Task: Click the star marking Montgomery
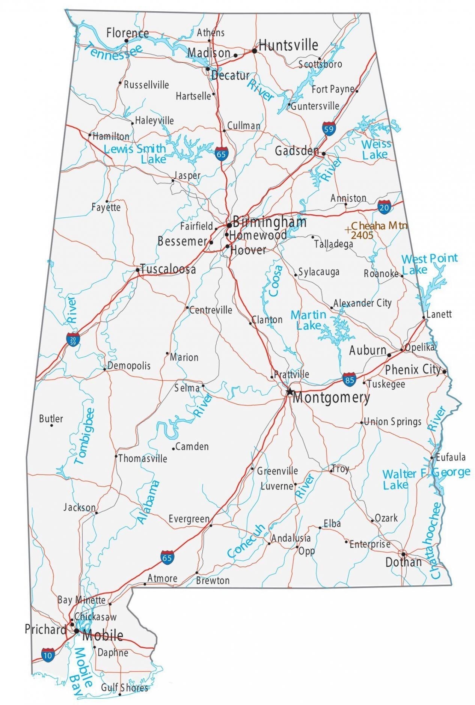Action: point(289,392)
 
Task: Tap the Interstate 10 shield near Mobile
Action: point(48,654)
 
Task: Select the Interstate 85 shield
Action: point(349,380)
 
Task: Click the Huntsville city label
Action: point(288,45)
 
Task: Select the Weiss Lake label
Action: point(376,149)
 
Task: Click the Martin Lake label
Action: point(309,320)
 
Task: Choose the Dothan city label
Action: point(404,562)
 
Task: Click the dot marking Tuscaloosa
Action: point(138,270)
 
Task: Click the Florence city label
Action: point(127,33)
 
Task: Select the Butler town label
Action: point(51,419)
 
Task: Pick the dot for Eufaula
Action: point(432,458)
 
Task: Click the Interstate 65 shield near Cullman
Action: point(221,154)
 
